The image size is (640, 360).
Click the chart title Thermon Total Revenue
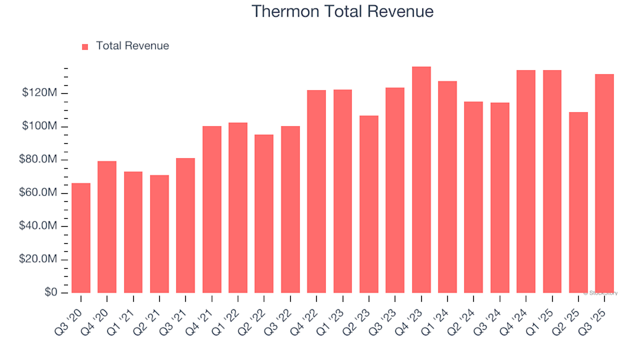click(x=343, y=11)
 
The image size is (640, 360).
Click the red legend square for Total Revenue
click(x=85, y=47)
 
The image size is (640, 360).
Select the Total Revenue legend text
click(x=132, y=46)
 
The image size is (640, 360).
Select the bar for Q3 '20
click(x=81, y=238)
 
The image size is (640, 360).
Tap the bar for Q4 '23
click(x=421, y=180)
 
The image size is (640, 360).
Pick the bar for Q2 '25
click(x=579, y=203)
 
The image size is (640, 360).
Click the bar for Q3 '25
click(x=605, y=183)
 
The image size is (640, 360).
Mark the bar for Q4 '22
click(x=317, y=191)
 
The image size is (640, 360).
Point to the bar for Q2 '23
click(x=369, y=204)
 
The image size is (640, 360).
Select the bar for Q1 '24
click(x=447, y=187)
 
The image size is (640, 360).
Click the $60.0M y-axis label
click(x=39, y=193)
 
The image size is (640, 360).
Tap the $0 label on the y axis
click(x=51, y=293)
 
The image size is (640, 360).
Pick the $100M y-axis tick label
click(x=41, y=127)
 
